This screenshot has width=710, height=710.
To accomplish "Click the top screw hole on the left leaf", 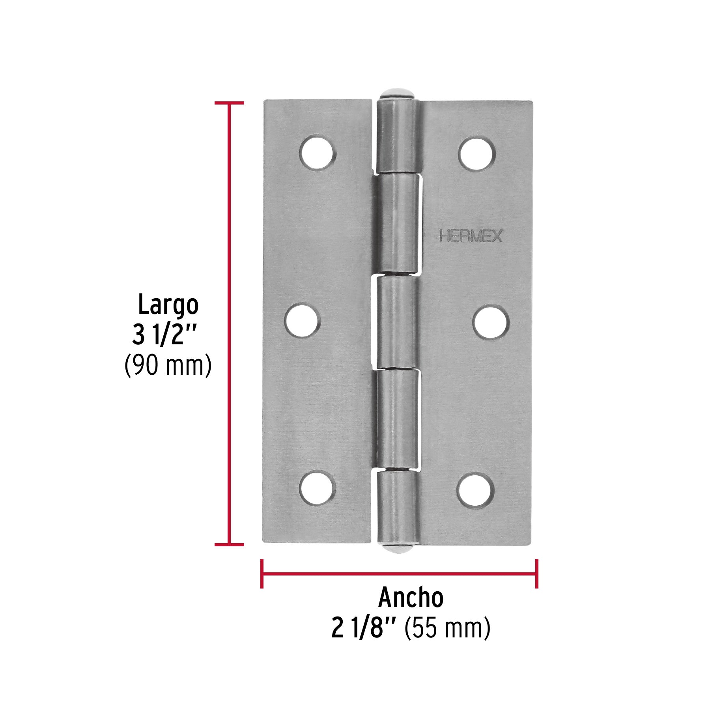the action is point(318,153).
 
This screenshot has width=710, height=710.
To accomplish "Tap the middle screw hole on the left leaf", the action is point(303,320).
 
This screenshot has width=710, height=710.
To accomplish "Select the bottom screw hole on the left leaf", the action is point(318,489).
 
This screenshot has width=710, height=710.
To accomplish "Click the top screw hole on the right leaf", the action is point(477,153).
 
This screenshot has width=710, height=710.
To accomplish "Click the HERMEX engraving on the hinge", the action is point(471,236).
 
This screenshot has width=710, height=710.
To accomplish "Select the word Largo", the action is point(168,305).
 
